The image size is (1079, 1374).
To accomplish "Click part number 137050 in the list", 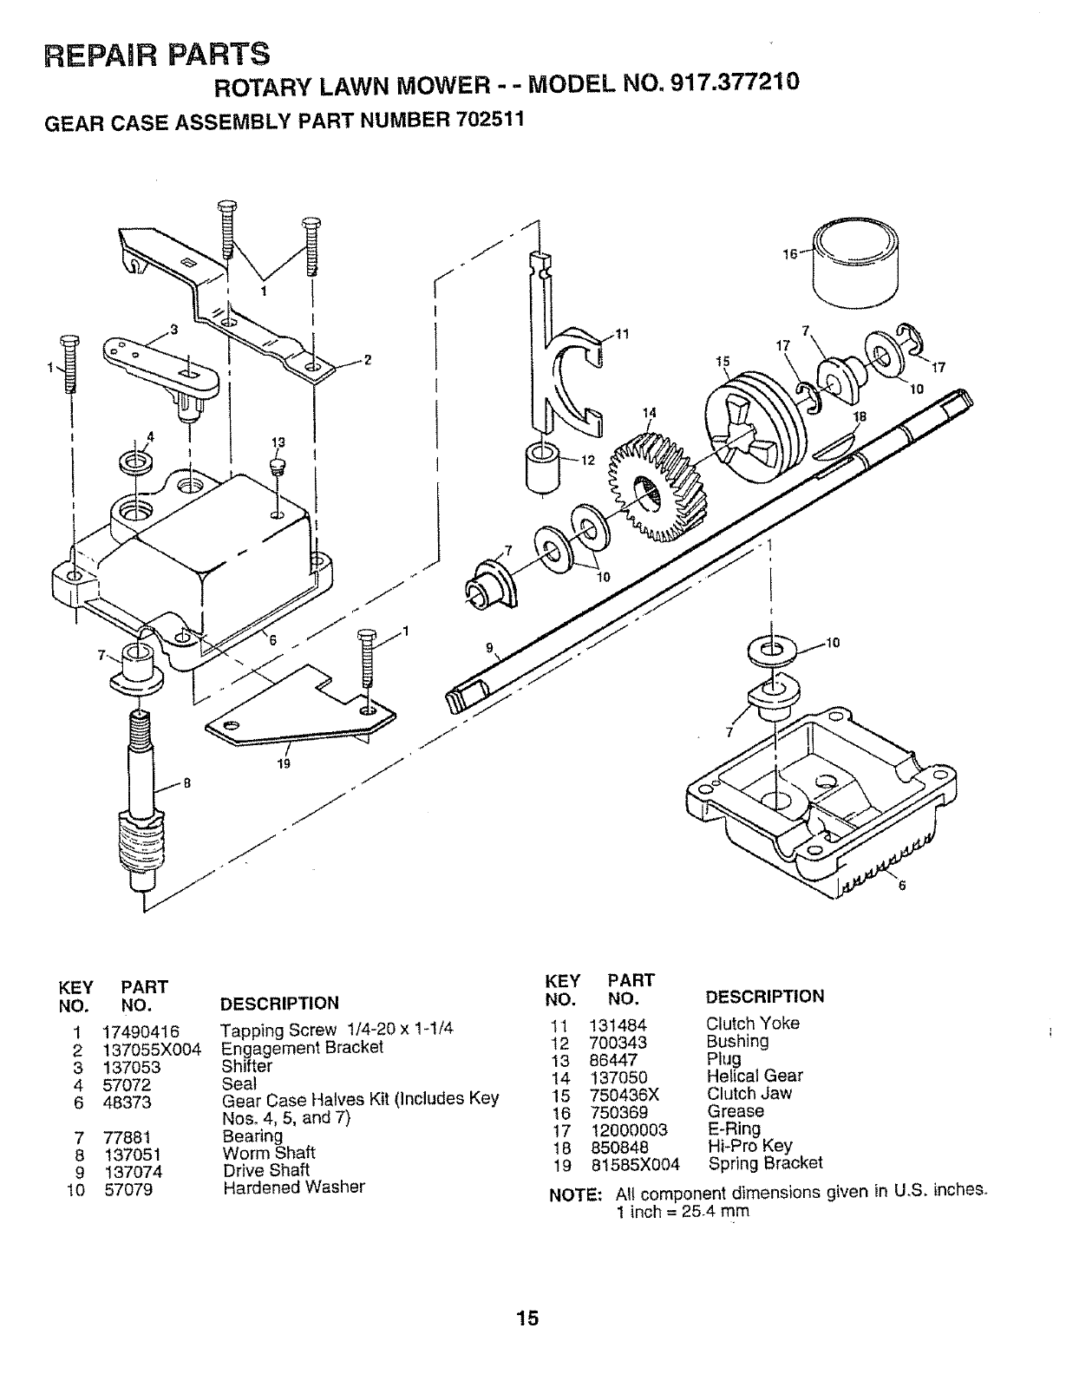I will pyautogui.click(x=618, y=1077).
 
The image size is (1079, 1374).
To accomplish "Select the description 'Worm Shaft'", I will pyautogui.click(x=269, y=1153).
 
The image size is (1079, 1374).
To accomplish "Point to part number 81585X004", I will pyautogui.click(x=635, y=1164).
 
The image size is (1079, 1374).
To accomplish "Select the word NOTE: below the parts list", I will pyautogui.click(x=578, y=1194).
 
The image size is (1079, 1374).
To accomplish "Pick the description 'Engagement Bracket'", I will pyautogui.click(x=302, y=1048).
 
